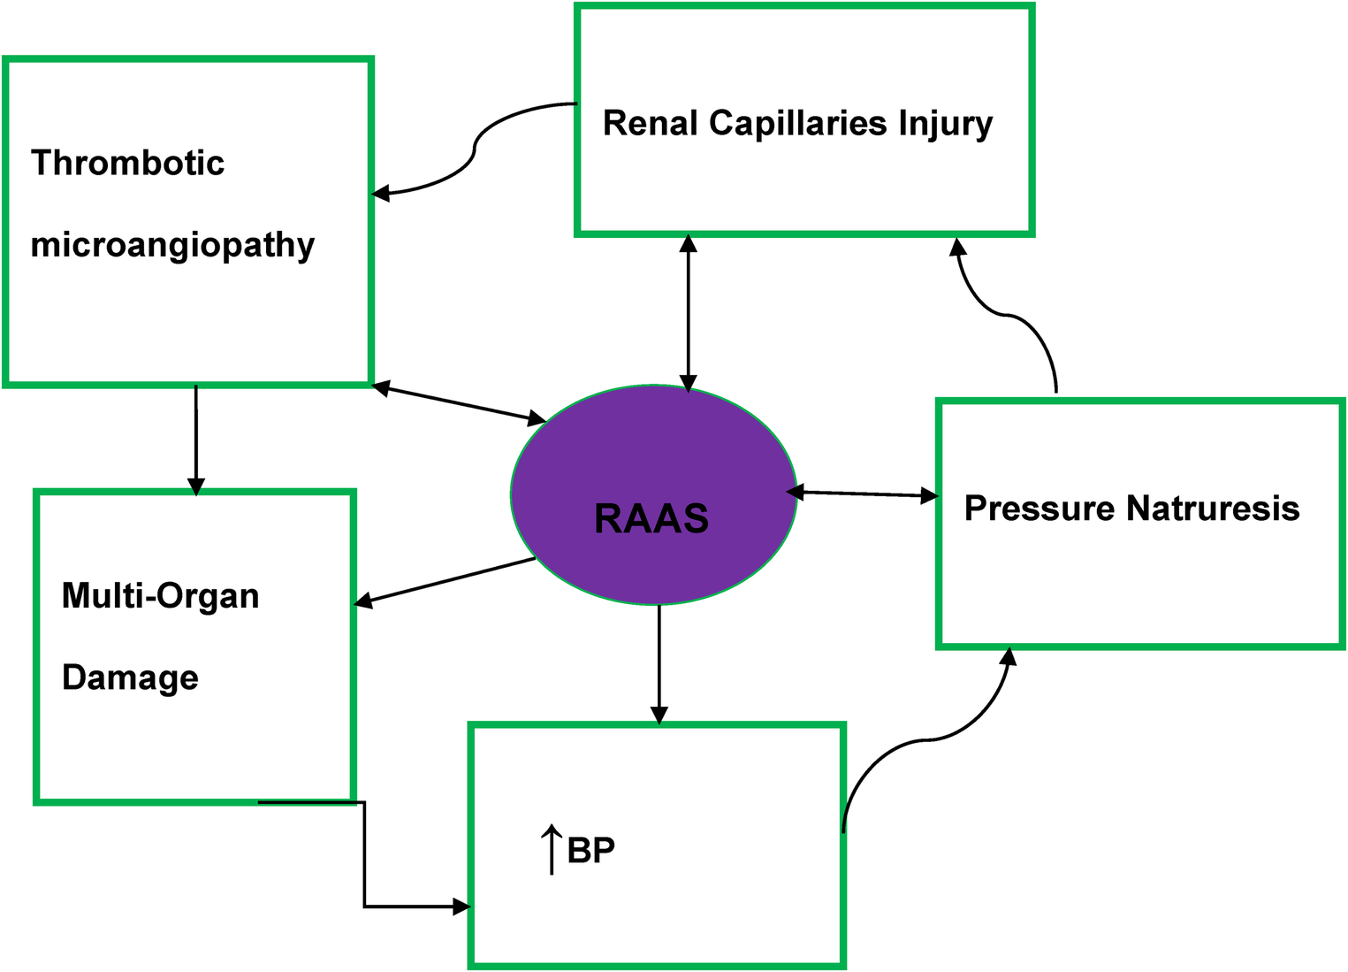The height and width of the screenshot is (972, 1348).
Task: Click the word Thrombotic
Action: tap(127, 163)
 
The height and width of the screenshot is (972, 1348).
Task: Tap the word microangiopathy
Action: tap(172, 245)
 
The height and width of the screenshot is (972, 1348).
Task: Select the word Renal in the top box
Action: tap(650, 123)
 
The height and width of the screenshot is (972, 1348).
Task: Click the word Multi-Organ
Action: tap(160, 596)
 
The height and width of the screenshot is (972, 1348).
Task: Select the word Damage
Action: tap(130, 678)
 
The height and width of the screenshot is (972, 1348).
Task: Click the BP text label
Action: tap(590, 850)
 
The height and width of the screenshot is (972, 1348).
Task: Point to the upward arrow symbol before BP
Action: tap(552, 849)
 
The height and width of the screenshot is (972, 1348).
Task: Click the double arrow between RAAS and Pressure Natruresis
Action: tap(862, 494)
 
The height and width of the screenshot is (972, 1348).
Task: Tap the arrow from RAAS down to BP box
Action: tap(659, 663)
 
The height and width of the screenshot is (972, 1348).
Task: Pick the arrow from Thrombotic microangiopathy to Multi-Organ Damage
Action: tap(196, 439)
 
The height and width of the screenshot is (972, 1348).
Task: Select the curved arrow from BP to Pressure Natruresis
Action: tap(928, 739)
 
